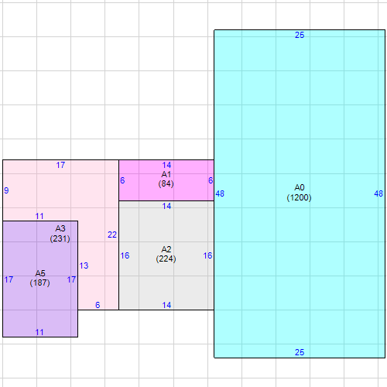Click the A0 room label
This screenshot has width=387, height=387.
coord(300,187)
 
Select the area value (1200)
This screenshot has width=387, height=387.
coord(299,197)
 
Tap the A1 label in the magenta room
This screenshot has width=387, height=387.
coord(166,174)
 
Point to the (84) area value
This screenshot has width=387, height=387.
coord(166,183)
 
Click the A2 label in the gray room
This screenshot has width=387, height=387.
coord(166,249)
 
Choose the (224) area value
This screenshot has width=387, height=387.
coord(166,259)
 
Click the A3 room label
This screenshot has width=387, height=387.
coord(60,228)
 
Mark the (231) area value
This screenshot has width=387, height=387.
coord(60,238)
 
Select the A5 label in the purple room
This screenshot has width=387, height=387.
coord(40,273)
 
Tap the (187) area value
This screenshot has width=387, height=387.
coord(39,283)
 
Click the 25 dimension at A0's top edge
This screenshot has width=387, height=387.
coord(300,35)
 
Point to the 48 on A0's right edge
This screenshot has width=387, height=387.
coord(378,193)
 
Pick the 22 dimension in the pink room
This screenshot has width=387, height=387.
coord(112,235)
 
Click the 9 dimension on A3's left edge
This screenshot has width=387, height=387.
coord(6,190)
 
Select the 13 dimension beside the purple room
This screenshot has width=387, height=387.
coord(84,265)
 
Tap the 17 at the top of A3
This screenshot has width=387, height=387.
coord(60,165)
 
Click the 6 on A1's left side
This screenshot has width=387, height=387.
coord(122,180)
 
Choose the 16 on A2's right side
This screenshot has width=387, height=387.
coord(207,255)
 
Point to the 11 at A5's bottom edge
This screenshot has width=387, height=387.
coord(39,332)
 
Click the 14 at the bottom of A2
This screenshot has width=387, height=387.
coord(166,305)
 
